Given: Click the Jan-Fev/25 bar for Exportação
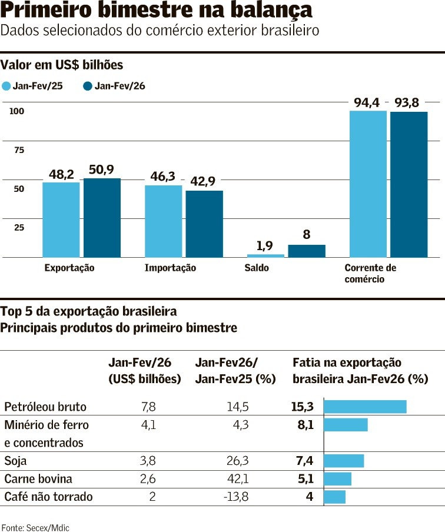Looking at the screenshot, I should pos(61,220).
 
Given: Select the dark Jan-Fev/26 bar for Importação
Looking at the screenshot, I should pos(204,224).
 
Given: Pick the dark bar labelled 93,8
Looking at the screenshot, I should pos(409,184).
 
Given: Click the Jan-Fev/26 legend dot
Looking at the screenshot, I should pos(88,87).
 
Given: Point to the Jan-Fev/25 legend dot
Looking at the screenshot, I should pos(6,87).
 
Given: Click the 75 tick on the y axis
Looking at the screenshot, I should pos(19,150).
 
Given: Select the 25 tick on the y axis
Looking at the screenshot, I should pos(19,227).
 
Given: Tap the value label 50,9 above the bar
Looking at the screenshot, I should pos(101,170).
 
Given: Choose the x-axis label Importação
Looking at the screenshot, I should pos(170,268).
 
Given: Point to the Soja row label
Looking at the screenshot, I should pos(15,461).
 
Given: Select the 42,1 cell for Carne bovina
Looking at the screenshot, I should pos(238,479).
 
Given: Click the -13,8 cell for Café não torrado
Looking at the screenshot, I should pos(236,497).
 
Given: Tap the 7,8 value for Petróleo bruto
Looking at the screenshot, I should pos(148,407).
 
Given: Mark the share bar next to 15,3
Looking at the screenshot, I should pos(365,407).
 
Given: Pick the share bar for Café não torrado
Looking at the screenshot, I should pos(334,497).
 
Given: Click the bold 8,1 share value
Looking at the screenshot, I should pos(305,425).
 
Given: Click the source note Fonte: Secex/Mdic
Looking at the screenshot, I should pos(35,528).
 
